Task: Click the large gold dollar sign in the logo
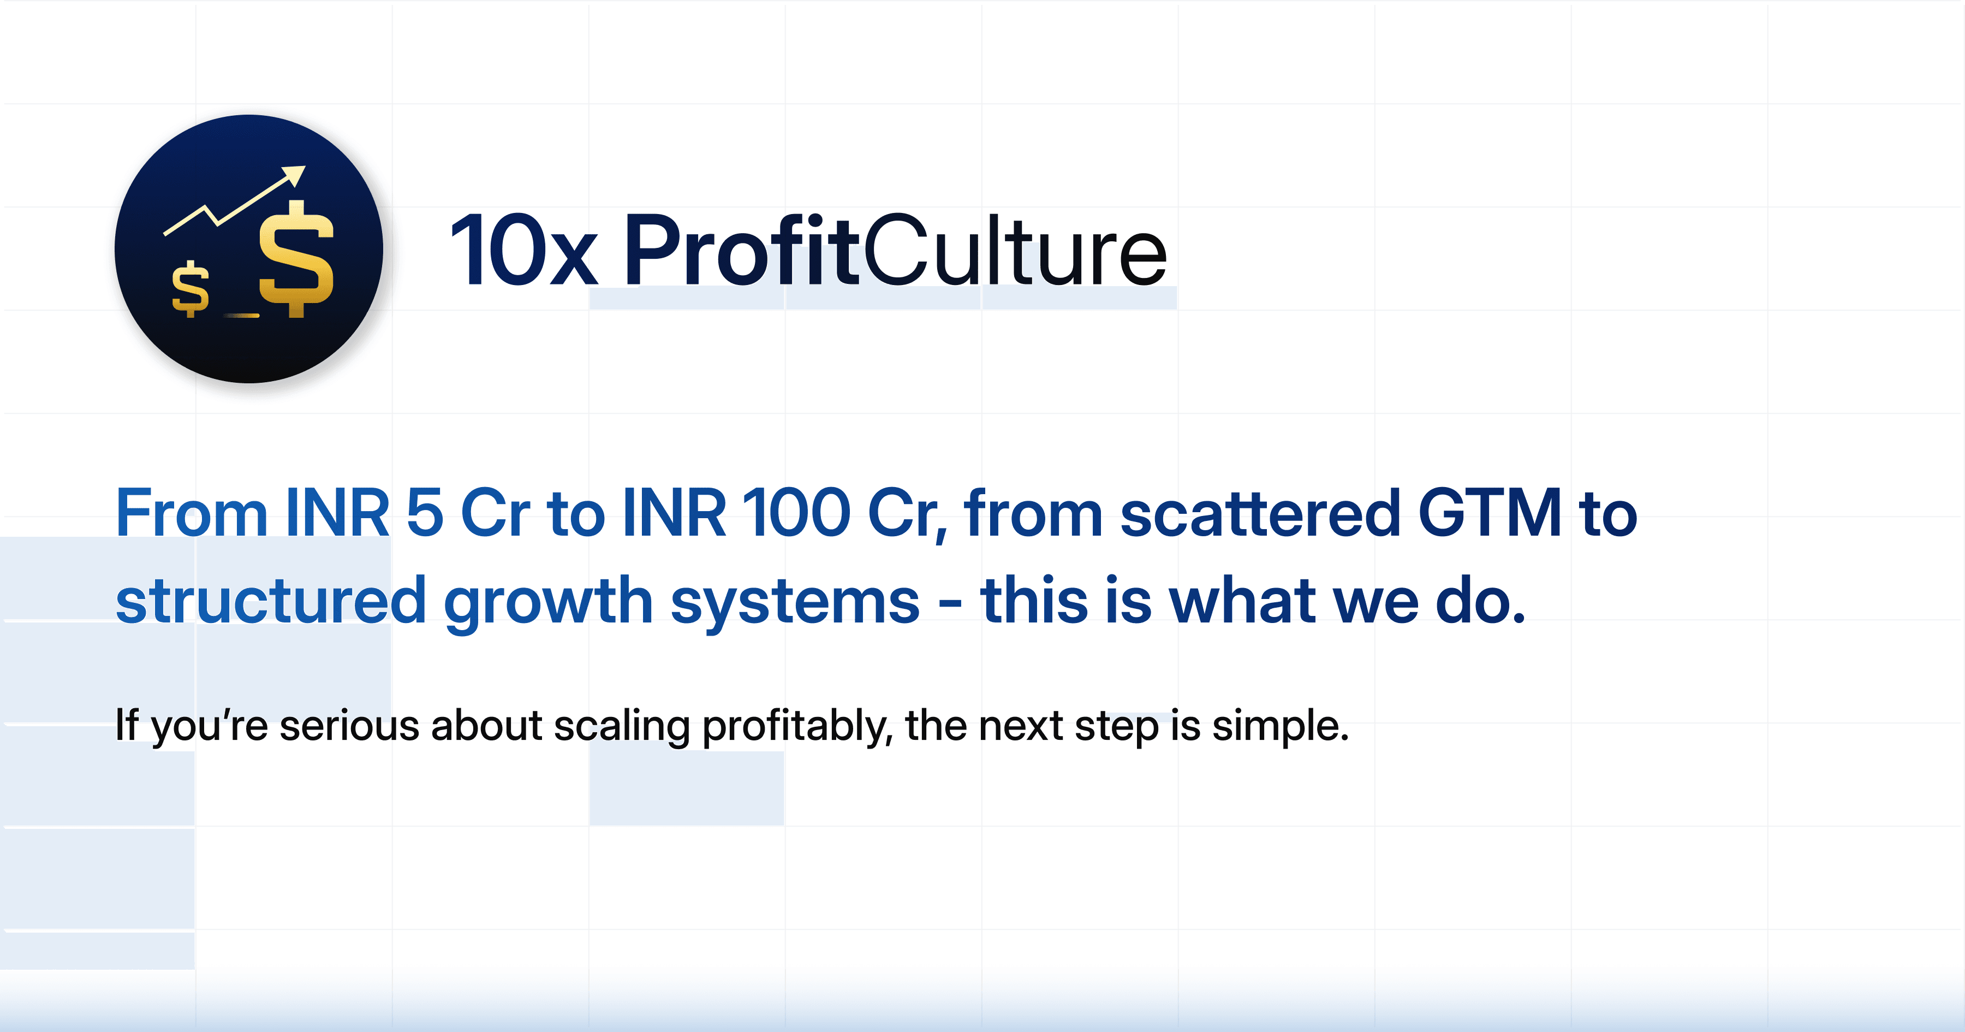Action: [x=296, y=259]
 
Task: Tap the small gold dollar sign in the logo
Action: [x=190, y=288]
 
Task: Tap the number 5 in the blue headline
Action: [x=425, y=513]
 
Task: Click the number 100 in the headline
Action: [x=796, y=513]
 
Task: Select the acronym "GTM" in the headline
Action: [x=1490, y=513]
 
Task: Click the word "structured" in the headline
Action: [x=271, y=601]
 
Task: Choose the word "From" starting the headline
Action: [x=190, y=513]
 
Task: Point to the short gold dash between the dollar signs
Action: [x=242, y=315]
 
